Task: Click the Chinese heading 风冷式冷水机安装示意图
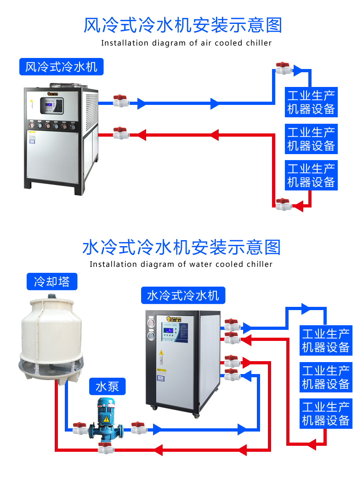[182, 25]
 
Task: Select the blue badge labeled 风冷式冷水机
[61, 67]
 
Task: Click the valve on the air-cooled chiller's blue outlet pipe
[121, 101]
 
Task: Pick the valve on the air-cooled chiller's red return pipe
[121, 133]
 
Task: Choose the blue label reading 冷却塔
[52, 281]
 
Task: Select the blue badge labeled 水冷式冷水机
[183, 295]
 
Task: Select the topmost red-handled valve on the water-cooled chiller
[231, 325]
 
